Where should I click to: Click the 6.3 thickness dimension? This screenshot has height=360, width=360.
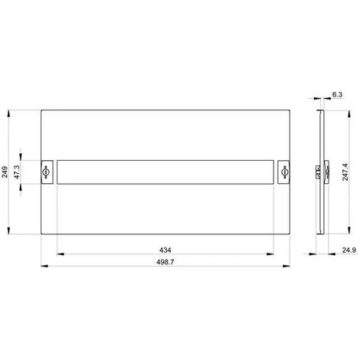point(338,94)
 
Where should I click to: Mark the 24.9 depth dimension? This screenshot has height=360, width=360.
point(348,250)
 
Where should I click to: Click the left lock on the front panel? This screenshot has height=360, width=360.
point(47,173)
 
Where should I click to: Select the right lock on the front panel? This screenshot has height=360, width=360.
point(284,173)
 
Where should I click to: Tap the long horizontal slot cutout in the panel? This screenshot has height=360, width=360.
point(165,173)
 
